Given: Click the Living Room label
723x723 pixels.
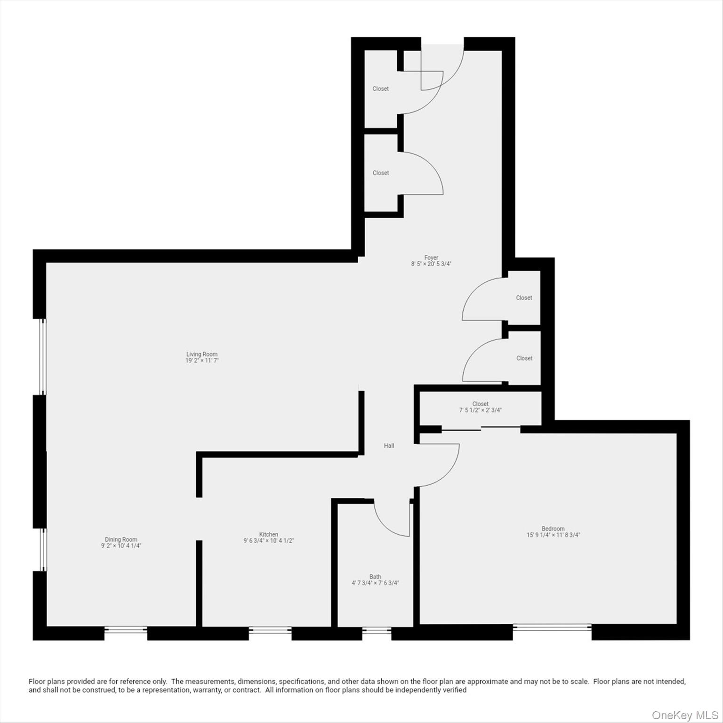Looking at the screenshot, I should click(x=202, y=354).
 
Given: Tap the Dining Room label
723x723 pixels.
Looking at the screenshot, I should click(x=121, y=539).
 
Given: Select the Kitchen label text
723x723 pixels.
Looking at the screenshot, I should click(x=269, y=534).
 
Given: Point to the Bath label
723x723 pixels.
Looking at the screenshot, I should click(x=375, y=577).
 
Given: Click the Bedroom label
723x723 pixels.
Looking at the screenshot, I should click(x=553, y=529).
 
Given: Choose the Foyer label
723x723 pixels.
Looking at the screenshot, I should click(x=431, y=257).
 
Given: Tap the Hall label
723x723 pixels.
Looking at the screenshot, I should click(x=389, y=446).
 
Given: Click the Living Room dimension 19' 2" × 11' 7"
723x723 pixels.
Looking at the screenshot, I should click(x=202, y=361).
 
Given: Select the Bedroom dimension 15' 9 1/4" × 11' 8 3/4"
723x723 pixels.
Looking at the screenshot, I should click(x=553, y=535).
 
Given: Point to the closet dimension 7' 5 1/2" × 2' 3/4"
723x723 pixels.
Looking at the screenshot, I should click(x=480, y=410).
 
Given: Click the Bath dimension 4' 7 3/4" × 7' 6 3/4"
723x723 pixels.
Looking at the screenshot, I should click(x=375, y=583).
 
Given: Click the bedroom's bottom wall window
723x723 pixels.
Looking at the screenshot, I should click(x=552, y=627).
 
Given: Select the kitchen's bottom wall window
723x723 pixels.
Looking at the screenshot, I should click(x=270, y=629).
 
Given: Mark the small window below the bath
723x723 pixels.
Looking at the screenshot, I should click(x=377, y=630).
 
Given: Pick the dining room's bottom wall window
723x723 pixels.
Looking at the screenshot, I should click(x=125, y=629).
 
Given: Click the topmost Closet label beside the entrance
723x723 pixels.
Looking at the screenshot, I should click(x=380, y=88).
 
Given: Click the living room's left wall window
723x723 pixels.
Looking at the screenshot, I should click(x=43, y=356).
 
